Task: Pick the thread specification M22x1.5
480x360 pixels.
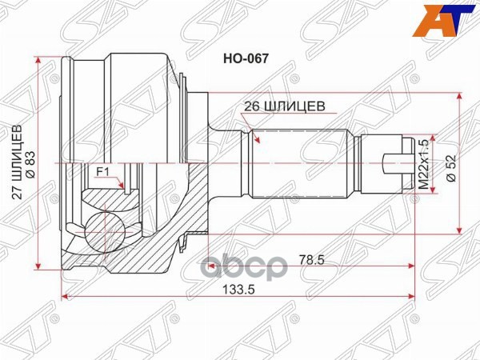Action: click(x=425, y=164)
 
